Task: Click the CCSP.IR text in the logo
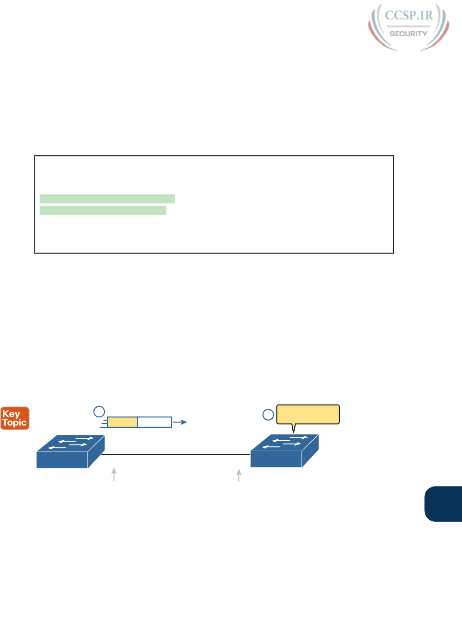(409, 16)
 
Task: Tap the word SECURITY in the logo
(408, 34)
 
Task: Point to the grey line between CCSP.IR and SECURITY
(408, 26)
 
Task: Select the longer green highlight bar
(107, 199)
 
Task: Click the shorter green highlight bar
(103, 211)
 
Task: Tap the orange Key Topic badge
(15, 418)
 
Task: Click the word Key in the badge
(11, 414)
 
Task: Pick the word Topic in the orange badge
(15, 423)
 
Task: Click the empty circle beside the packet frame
(99, 412)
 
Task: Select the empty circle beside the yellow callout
(268, 414)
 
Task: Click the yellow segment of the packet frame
(123, 422)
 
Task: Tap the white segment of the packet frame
(154, 422)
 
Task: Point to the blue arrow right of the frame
(180, 422)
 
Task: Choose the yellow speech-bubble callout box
(308, 414)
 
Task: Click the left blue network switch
(70, 451)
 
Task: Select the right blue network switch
(284, 451)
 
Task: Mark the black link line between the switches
(176, 454)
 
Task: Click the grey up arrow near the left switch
(114, 475)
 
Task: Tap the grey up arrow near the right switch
(239, 475)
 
